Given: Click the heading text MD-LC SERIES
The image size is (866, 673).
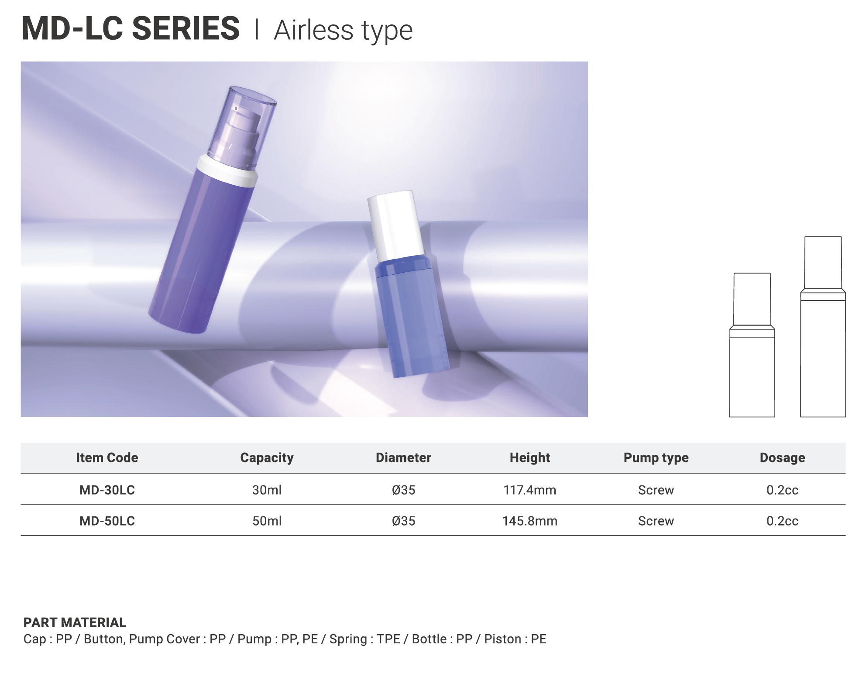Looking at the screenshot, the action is (131, 28).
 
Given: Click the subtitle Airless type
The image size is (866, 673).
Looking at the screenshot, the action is (343, 31).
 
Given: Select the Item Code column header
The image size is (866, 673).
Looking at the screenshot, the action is (107, 458).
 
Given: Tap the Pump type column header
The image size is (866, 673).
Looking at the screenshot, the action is (656, 458).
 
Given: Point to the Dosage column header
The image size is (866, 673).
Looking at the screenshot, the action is (782, 458).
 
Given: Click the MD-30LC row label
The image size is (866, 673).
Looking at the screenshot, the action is (107, 490).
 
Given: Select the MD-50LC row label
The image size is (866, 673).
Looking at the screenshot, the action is (107, 521).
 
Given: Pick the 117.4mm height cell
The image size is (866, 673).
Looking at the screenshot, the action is (530, 490).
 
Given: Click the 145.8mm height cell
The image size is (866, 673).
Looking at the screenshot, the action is (530, 521).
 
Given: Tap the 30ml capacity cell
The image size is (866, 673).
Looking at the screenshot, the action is (267, 490).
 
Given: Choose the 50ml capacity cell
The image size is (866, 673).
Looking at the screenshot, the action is (267, 521).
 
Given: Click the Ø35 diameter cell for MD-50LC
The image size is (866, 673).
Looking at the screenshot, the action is (403, 521).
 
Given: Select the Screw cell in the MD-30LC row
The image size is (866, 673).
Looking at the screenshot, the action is (656, 490).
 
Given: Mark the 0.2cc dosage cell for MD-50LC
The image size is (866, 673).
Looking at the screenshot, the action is (782, 521).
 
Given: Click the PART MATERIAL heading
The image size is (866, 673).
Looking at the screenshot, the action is (75, 622).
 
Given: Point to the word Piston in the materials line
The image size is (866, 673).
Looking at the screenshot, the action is (503, 639).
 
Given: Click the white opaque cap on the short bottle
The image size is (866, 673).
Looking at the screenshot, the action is (395, 225).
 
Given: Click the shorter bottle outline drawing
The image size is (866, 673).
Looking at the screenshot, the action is (752, 345).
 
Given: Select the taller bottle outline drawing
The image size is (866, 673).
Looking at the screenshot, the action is (823, 327).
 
